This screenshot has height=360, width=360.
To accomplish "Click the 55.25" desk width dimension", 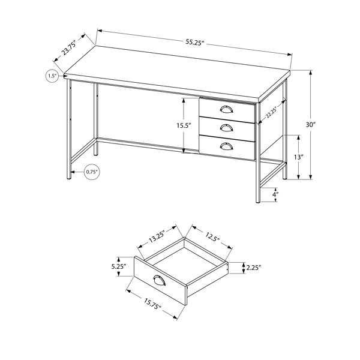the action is (194, 43).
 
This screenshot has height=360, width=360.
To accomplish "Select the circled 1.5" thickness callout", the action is (53, 76).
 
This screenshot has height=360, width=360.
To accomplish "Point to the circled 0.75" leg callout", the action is (92, 172).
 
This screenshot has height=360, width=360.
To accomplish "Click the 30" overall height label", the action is (311, 125).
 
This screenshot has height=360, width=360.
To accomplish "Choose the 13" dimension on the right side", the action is (298, 157).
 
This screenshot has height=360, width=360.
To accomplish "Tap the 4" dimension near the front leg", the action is (275, 194).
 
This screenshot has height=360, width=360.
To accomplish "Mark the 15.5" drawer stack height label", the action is (184, 125).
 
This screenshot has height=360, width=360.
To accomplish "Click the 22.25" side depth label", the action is (271, 113).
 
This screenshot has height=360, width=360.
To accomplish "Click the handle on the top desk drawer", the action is (226, 109).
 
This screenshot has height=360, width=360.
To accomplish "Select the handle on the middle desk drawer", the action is (226, 127).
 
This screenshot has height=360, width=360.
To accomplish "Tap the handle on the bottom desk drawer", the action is (226, 146).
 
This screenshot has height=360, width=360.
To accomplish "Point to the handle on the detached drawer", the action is (160, 280).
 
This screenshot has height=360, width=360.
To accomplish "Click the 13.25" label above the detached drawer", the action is (157, 236).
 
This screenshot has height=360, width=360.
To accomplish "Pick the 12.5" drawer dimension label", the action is (212, 237).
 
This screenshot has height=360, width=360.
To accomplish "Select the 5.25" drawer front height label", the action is (119, 267).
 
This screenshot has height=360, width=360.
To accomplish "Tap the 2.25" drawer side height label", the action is (254, 268).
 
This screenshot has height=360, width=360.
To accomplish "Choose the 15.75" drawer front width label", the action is (152, 304).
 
